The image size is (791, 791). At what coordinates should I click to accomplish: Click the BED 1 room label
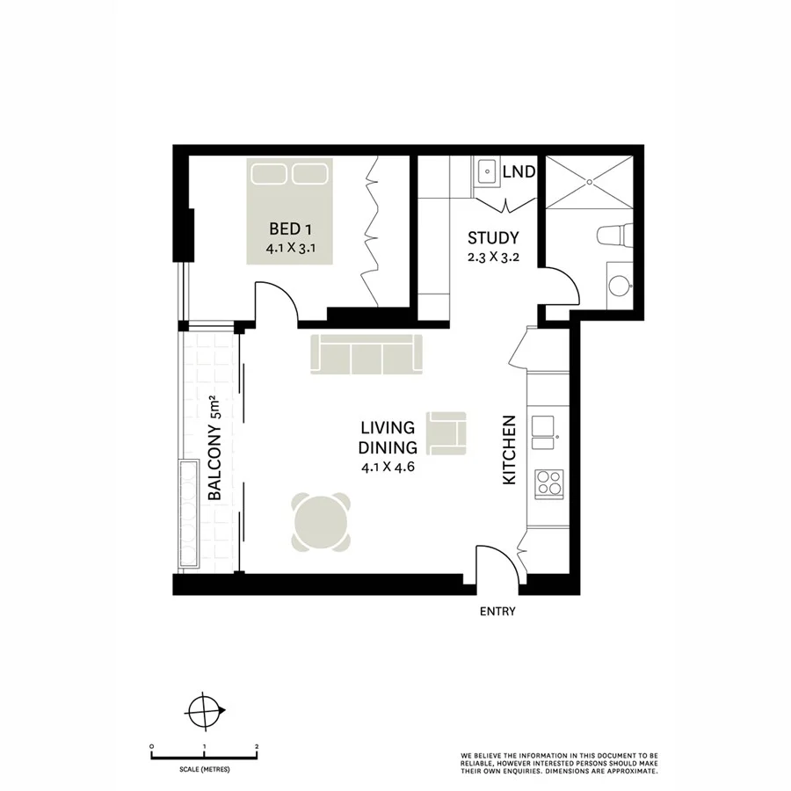tap(290, 230)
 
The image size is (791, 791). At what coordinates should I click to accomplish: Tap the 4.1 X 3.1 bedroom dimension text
tap(290, 249)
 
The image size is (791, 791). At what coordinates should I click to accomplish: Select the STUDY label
tap(493, 237)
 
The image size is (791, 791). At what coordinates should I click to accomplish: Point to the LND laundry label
tap(519, 172)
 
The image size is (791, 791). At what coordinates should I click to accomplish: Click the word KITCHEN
tap(508, 450)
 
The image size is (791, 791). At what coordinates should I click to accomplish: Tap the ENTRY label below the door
tap(497, 612)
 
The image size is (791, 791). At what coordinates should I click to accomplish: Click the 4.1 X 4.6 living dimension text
tap(387, 468)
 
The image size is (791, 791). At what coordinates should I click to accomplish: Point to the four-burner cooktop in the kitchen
tap(549, 482)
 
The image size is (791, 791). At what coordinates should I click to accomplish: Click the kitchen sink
tap(547, 426)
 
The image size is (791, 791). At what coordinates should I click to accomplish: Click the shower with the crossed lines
tap(588, 184)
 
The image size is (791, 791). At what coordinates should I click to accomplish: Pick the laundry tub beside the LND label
tap(487, 171)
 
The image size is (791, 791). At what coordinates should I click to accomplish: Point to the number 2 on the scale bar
tap(256, 746)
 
